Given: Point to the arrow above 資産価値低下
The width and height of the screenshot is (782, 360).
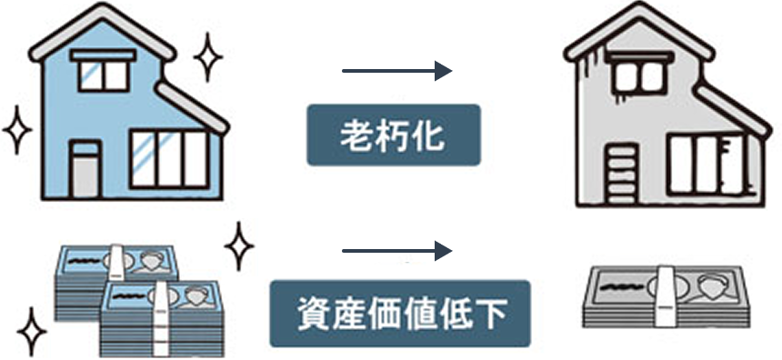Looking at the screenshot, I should coord(396,250).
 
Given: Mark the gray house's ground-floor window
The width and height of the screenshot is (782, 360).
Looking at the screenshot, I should coord(704,165).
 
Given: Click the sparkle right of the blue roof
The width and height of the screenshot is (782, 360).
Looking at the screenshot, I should coord(208,56).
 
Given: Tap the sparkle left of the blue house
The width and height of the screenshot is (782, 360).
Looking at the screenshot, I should coord(16,130).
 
